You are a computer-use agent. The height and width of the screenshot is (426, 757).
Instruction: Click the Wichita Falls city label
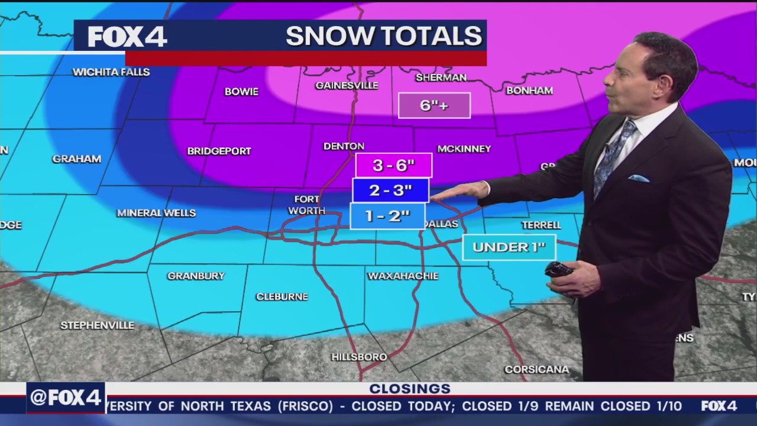click(111, 72)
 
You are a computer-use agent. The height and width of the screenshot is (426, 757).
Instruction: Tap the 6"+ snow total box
click(434, 106)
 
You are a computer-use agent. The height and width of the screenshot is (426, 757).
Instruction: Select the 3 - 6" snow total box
click(393, 166)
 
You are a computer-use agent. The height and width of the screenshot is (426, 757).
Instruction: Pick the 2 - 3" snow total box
click(390, 191)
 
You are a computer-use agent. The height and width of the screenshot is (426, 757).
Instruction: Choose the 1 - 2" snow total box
click(387, 216)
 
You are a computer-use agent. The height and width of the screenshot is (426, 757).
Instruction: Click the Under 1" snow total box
click(509, 247)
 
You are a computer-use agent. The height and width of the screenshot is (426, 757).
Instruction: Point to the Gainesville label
click(347, 85)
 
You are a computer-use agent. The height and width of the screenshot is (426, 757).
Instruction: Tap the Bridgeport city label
click(219, 151)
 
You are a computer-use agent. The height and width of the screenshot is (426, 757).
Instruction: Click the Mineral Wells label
click(156, 213)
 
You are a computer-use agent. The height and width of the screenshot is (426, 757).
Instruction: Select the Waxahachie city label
click(403, 276)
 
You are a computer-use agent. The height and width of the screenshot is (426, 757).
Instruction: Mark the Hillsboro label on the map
click(359, 357)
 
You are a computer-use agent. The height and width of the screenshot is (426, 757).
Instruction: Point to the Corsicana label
click(536, 369)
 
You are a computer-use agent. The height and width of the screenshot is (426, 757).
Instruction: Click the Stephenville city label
click(98, 325)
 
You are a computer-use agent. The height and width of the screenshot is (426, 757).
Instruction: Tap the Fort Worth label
click(306, 205)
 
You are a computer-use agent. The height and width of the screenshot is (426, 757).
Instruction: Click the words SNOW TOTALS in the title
click(384, 36)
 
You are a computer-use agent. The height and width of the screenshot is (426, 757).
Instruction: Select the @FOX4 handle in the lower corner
click(66, 398)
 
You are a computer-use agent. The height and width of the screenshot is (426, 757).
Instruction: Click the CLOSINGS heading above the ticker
click(410, 389)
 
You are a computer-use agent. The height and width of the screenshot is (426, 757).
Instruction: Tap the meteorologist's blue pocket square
click(638, 178)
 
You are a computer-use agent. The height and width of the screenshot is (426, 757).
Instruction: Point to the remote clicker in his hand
click(558, 270)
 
